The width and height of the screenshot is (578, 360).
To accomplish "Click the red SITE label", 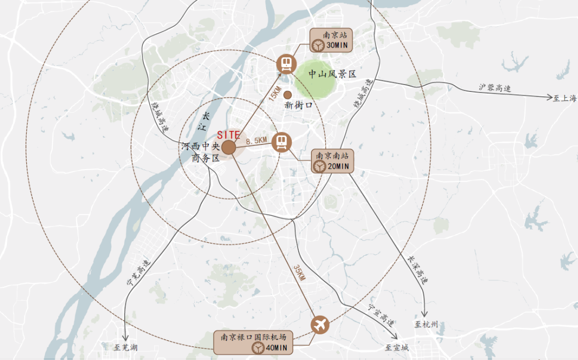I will [229, 135].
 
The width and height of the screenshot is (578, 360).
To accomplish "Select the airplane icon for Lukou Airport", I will [320, 325].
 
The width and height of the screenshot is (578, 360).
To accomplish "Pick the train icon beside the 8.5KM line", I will [282, 142].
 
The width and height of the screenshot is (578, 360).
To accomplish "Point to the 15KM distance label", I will [275, 93].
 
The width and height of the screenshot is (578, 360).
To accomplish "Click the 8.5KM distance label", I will [256, 141].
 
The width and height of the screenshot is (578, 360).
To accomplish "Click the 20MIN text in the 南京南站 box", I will [338, 167].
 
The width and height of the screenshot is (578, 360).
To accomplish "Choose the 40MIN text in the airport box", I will [277, 349].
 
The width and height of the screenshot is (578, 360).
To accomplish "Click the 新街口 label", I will [299, 105].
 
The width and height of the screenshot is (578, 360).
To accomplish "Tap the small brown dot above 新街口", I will [287, 95].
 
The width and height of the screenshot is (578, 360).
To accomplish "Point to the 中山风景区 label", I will [332, 74].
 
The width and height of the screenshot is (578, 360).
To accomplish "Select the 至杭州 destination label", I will [426, 324].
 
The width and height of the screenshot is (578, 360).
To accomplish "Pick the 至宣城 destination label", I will [397, 348].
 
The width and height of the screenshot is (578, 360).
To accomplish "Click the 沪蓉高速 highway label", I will [495, 88].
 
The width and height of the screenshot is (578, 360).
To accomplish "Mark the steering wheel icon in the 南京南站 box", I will [319, 167].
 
